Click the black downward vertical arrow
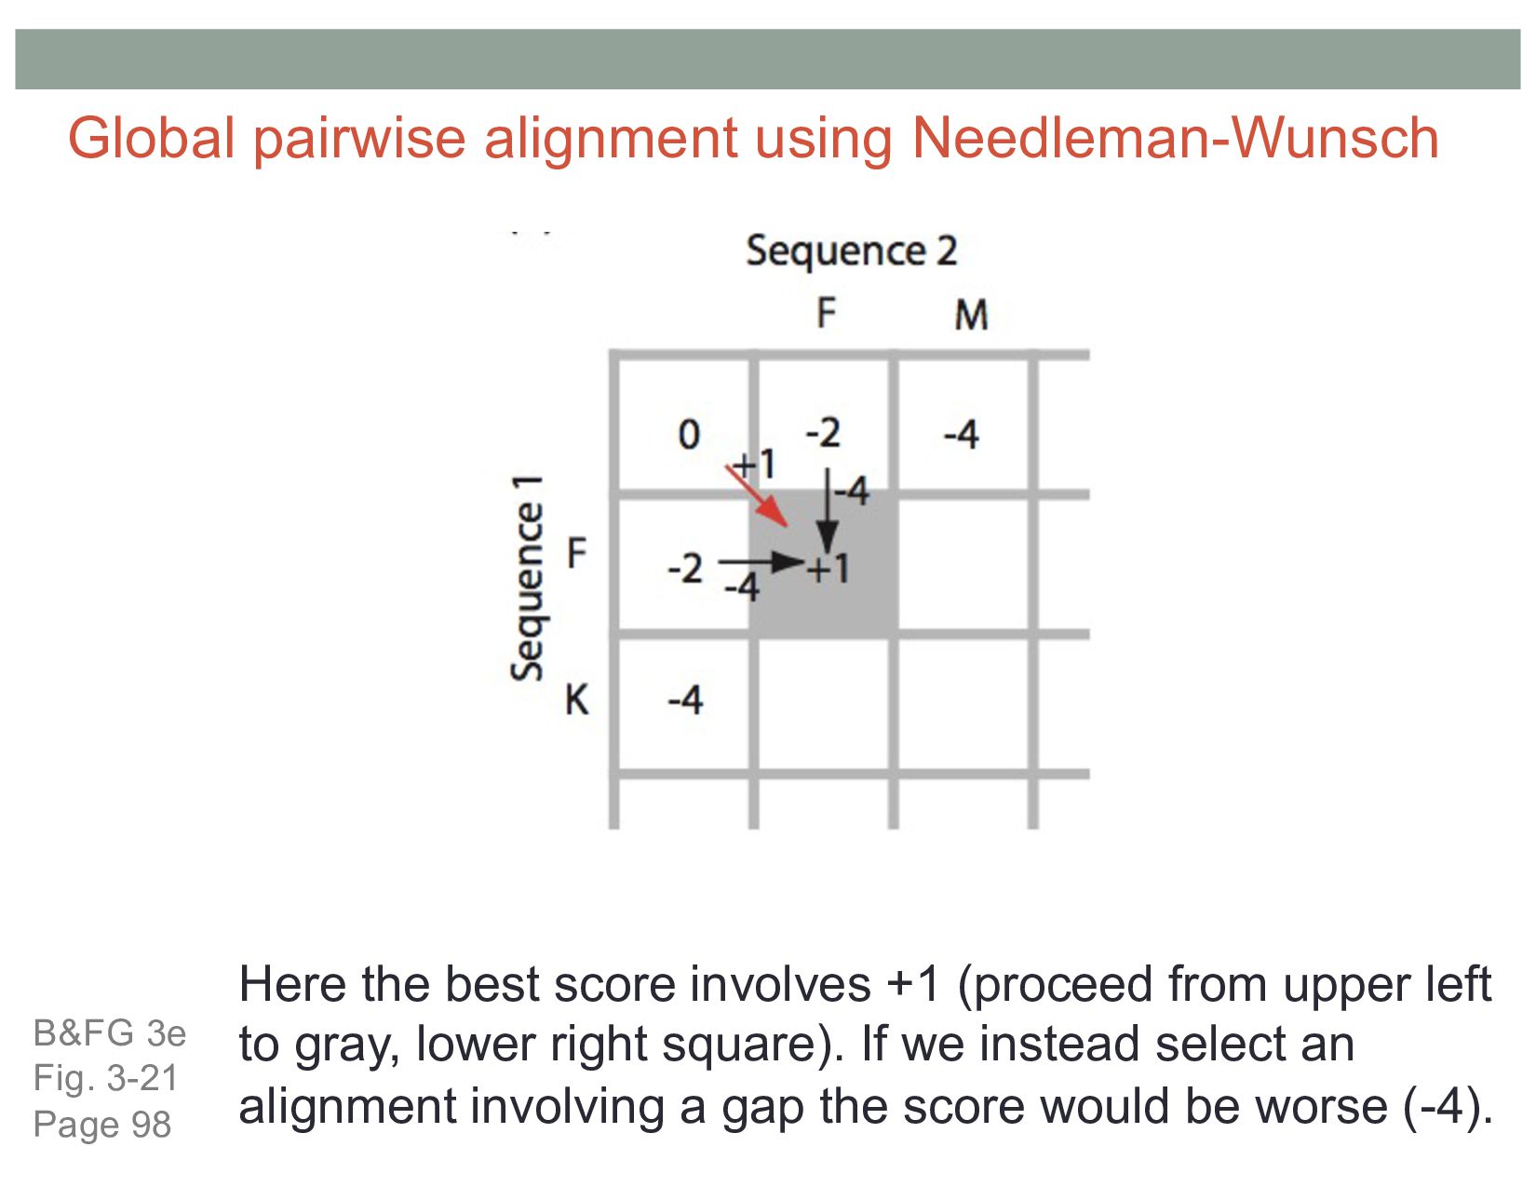coord(827,518)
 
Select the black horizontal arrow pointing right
coord(761,561)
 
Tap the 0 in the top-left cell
coord(688,435)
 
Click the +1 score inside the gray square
coord(828,568)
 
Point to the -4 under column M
coord(961,435)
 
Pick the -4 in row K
coord(685,699)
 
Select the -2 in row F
coord(685,568)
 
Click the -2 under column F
coord(823,433)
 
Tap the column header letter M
coord(971,316)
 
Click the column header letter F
coord(826,314)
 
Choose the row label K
coord(577,699)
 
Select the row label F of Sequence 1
coord(577,554)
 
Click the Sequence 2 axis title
coord(851,251)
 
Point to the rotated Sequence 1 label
coord(527,577)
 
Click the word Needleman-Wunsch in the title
coord(1175,139)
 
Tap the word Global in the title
coord(151,139)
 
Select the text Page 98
coord(102,1125)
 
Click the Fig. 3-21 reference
coord(105,1078)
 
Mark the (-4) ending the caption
coord(1448,1107)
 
